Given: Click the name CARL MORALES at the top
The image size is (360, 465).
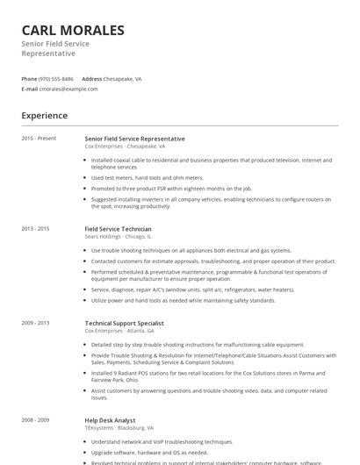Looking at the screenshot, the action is pos(73,30).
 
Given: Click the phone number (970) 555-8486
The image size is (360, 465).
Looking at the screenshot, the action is pos(56,78).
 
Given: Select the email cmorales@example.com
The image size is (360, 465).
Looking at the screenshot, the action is pos(68,89).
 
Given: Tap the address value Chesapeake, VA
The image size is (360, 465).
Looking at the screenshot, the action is pos(123,78).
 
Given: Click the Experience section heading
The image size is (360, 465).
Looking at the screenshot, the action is pos(44,115).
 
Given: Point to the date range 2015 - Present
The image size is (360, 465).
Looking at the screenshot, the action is pos(39,139).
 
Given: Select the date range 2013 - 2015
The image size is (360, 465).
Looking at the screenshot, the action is pos(36,228).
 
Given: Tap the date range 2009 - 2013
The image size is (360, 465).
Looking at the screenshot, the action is pos(36,323).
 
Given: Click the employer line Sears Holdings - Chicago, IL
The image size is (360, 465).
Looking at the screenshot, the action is pos(119,236).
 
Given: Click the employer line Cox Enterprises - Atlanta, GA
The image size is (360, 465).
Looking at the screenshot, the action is pos(119,331).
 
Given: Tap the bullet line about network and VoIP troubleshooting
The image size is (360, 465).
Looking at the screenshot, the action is pos(162,442).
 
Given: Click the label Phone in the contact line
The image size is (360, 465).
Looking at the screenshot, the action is pos(29,78).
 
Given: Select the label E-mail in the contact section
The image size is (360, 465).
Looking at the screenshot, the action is pos(30,89).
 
